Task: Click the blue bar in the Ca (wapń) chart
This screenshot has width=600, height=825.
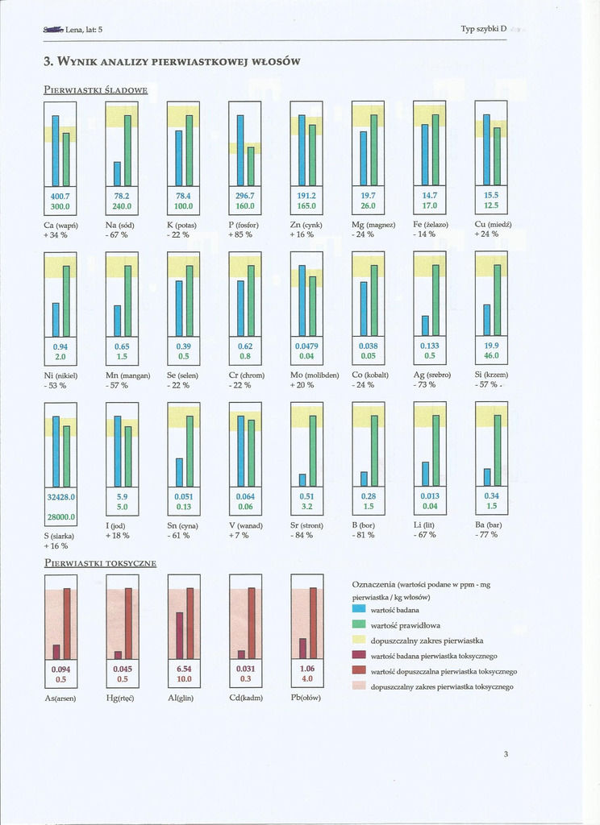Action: (x=56, y=150)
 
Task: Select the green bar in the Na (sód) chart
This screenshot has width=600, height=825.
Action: (x=127, y=150)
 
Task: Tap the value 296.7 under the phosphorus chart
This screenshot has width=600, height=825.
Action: (x=245, y=196)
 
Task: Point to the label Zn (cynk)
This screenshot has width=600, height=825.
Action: (x=306, y=225)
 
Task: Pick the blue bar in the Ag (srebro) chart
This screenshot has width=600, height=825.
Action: (x=425, y=325)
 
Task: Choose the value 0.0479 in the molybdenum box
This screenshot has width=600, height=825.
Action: (x=306, y=346)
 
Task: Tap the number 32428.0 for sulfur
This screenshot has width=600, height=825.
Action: (x=61, y=497)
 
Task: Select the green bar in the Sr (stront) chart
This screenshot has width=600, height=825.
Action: (x=312, y=450)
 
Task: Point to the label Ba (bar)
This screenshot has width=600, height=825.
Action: (x=488, y=525)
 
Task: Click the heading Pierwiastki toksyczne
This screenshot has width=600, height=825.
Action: (x=100, y=562)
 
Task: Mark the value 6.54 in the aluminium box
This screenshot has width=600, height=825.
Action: (x=184, y=669)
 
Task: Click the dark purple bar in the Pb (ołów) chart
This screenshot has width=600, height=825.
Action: (x=302, y=648)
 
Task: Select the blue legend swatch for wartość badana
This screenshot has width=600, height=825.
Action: (x=360, y=610)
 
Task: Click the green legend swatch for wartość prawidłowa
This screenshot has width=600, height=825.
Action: (x=360, y=625)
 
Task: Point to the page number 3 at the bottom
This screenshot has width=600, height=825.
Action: (x=506, y=754)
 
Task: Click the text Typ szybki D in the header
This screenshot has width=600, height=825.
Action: (x=483, y=29)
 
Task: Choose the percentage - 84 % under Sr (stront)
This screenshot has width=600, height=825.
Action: (x=302, y=535)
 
